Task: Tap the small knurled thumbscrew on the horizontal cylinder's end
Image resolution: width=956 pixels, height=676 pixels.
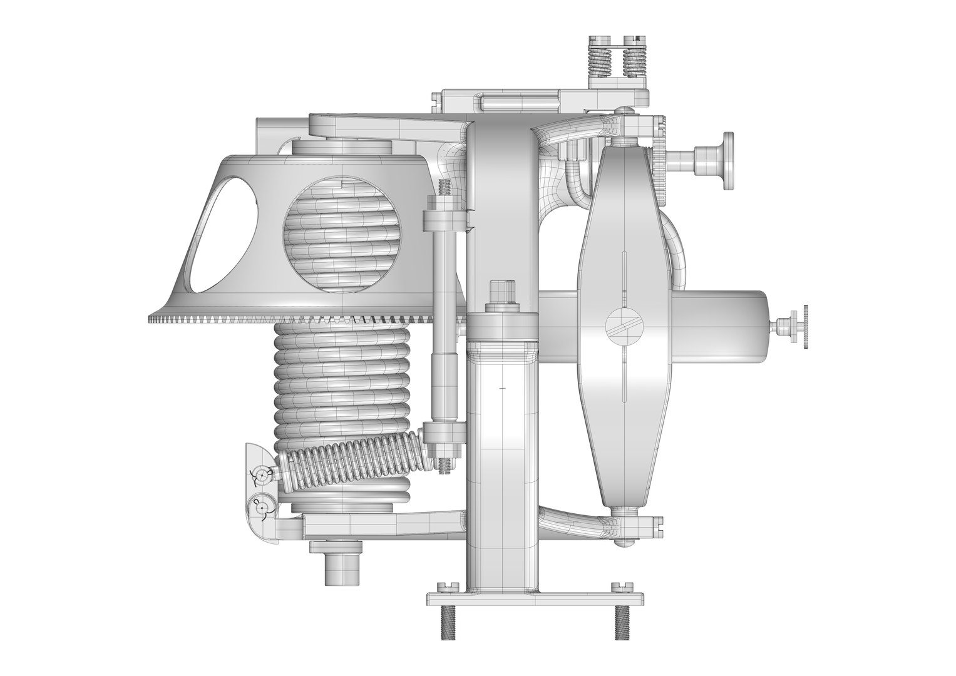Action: (x=799, y=324)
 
